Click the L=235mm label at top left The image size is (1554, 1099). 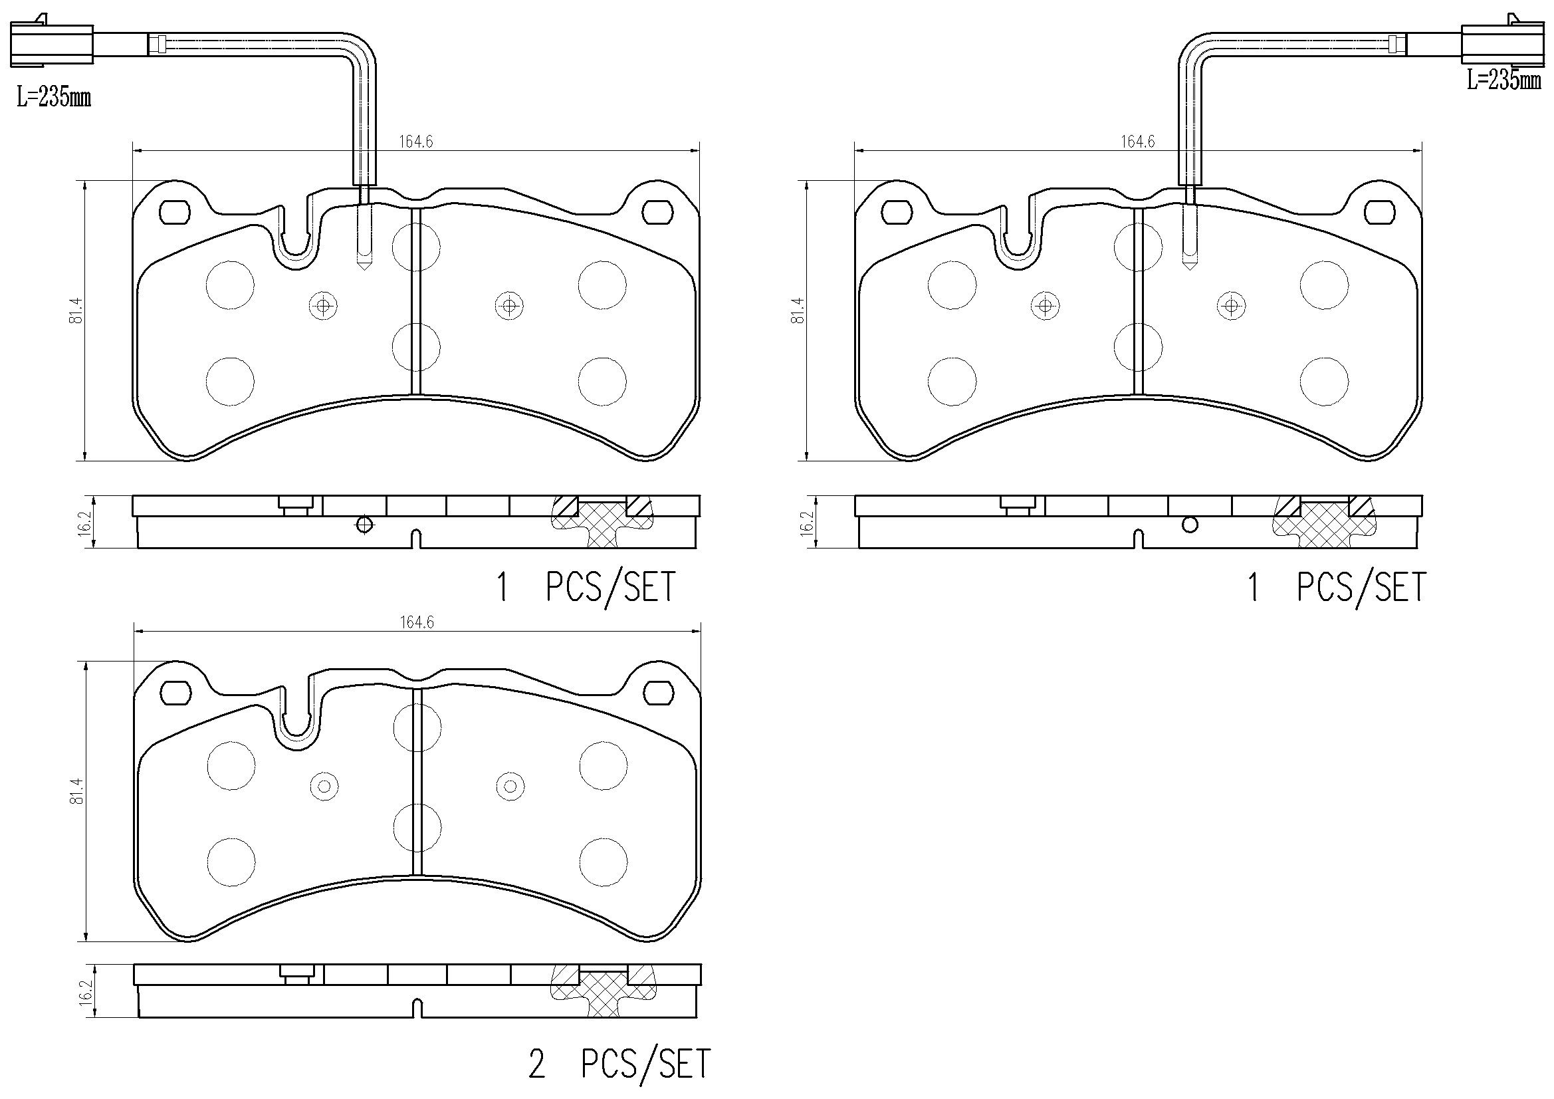click(54, 98)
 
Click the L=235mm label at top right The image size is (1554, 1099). click(1503, 81)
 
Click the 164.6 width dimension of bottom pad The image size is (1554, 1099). click(416, 623)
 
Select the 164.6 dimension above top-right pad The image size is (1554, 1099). click(1138, 142)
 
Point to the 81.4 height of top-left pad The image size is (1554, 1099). click(76, 310)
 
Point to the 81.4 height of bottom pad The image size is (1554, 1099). click(76, 791)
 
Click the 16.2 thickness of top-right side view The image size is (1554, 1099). click(806, 523)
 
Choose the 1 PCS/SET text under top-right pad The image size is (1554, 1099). click(1337, 588)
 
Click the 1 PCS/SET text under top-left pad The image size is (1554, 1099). click(586, 588)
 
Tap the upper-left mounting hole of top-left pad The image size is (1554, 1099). click(174, 213)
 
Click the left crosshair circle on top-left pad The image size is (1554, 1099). click(324, 305)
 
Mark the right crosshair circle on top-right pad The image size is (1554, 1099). click(1232, 305)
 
